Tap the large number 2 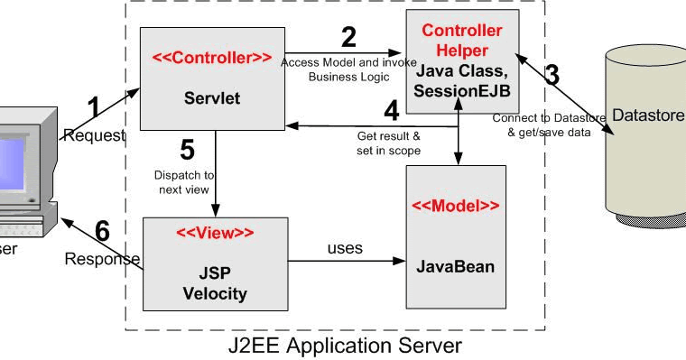click(348, 37)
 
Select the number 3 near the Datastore click(551, 75)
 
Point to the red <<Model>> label click(456, 205)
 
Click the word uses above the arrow click(345, 247)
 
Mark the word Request click(94, 134)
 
